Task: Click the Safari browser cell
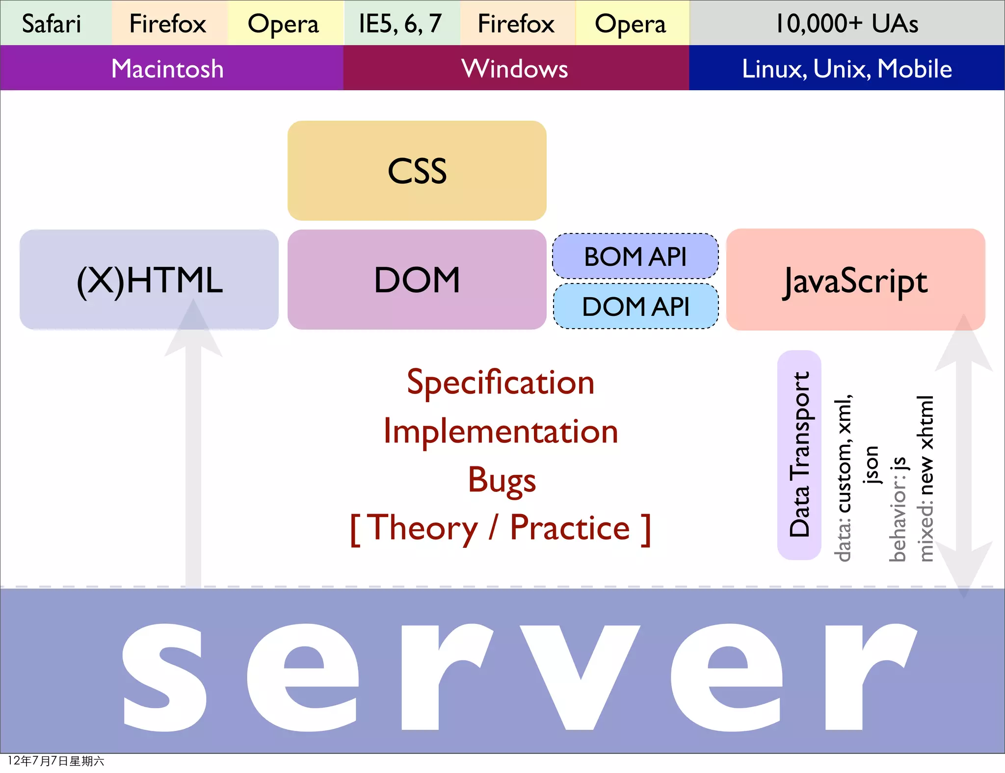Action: [52, 24]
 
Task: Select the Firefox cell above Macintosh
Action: [168, 24]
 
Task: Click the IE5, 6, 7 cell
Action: [400, 24]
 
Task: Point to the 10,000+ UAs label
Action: [846, 24]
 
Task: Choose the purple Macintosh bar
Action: [168, 68]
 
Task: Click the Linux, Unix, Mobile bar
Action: [846, 68]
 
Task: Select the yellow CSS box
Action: [417, 171]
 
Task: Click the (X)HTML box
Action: [149, 280]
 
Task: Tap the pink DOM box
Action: [417, 280]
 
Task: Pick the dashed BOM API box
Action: [635, 257]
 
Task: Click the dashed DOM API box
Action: [635, 307]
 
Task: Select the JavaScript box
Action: [855, 280]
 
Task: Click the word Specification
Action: [501, 383]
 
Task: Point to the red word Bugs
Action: [502, 480]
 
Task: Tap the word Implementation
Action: [501, 432]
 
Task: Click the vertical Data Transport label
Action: [799, 454]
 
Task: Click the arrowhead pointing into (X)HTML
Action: [193, 329]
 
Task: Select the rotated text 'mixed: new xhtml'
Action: [926, 478]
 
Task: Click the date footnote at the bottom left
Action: [56, 761]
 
